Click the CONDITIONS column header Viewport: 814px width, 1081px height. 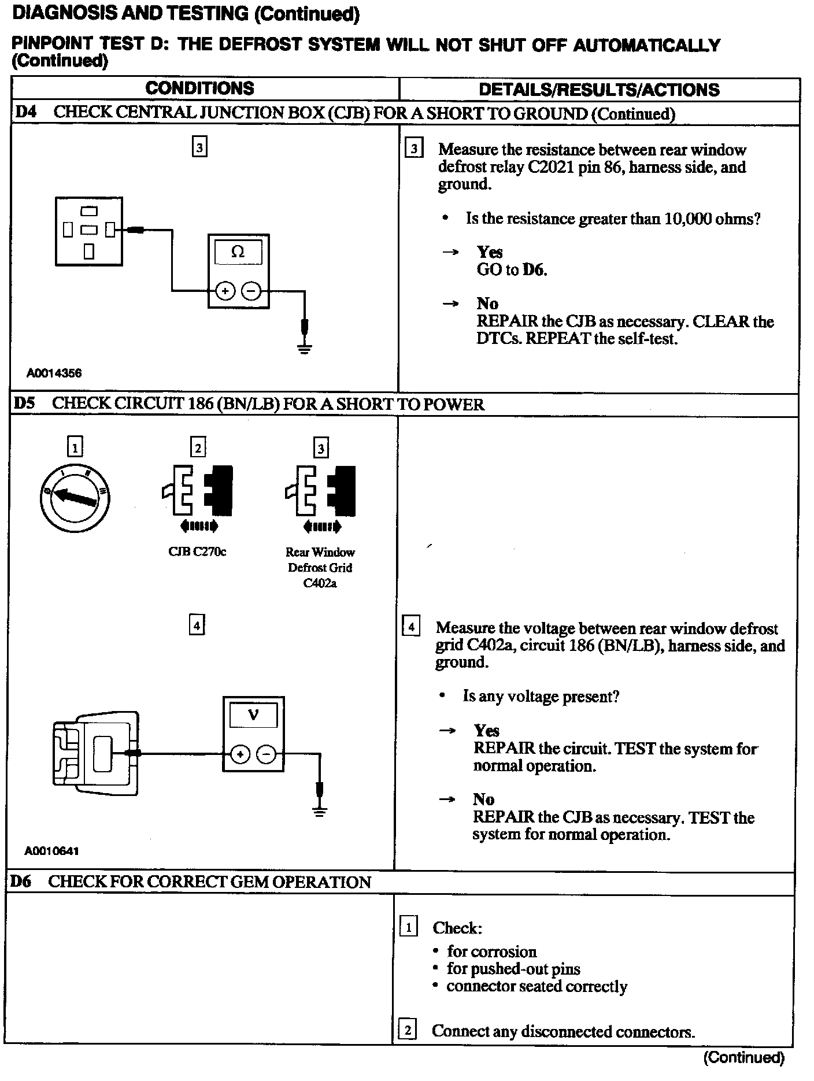(x=199, y=88)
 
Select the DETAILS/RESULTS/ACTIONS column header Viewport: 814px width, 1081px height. (x=599, y=90)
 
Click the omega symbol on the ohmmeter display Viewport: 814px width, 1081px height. (x=238, y=251)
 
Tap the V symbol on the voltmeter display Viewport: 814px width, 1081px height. (x=253, y=715)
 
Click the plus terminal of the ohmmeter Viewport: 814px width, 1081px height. (x=225, y=291)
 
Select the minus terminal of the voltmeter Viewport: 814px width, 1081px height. (x=266, y=754)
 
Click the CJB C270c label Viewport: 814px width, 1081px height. (x=197, y=551)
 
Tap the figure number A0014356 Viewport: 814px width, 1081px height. (x=54, y=373)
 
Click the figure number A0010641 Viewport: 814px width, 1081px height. (x=51, y=851)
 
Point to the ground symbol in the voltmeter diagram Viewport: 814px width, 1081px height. (x=319, y=811)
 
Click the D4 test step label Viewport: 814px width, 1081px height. (x=25, y=112)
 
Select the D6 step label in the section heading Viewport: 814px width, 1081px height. (x=21, y=882)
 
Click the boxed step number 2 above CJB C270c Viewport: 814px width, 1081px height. (x=198, y=447)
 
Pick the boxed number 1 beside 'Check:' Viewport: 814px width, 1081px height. (x=408, y=927)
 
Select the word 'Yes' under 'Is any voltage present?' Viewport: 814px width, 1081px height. (x=486, y=731)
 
